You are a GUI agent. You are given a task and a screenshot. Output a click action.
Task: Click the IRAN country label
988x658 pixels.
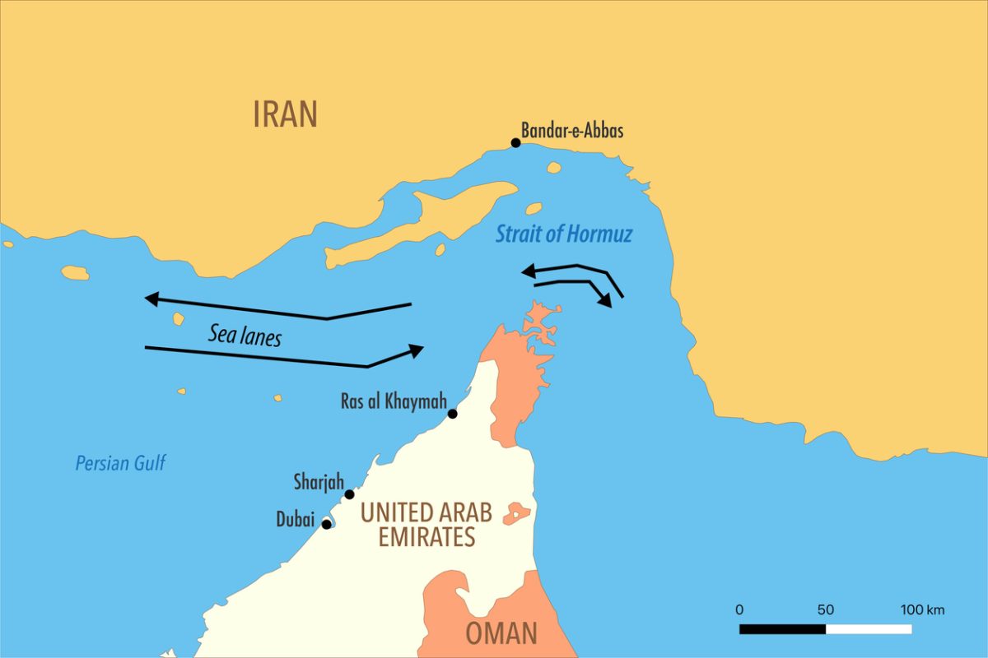point(285,114)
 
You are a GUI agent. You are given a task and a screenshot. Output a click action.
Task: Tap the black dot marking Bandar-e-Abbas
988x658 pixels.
point(516,142)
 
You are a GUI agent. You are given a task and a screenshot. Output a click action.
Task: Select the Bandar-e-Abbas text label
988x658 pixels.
point(572,130)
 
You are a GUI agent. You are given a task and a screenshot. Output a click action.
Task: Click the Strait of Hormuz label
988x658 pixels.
point(564,234)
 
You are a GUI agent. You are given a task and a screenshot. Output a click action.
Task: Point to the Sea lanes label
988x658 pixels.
point(245,335)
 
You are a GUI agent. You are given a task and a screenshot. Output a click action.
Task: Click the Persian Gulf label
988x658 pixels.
point(120,463)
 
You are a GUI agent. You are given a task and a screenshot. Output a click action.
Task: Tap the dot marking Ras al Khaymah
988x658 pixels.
point(452,414)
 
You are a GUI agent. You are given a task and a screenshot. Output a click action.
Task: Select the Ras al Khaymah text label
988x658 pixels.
point(394,402)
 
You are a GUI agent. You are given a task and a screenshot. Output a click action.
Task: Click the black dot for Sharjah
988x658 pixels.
point(349,494)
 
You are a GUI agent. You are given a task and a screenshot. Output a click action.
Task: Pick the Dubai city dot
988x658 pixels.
point(327,524)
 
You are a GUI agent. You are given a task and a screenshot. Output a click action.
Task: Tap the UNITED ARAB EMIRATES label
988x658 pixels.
point(426,524)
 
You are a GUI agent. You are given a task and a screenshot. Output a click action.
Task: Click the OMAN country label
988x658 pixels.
point(501,633)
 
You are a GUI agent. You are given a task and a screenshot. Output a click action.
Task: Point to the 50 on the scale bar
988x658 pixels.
point(825,609)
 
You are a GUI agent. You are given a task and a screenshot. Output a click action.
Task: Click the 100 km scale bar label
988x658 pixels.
point(922,609)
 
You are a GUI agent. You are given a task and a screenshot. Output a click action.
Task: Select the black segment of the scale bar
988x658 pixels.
point(782,629)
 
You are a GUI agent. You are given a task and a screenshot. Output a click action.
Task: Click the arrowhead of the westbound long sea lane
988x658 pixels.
point(151,299)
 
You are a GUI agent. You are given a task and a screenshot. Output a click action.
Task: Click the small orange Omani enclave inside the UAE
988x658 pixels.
point(517,514)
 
